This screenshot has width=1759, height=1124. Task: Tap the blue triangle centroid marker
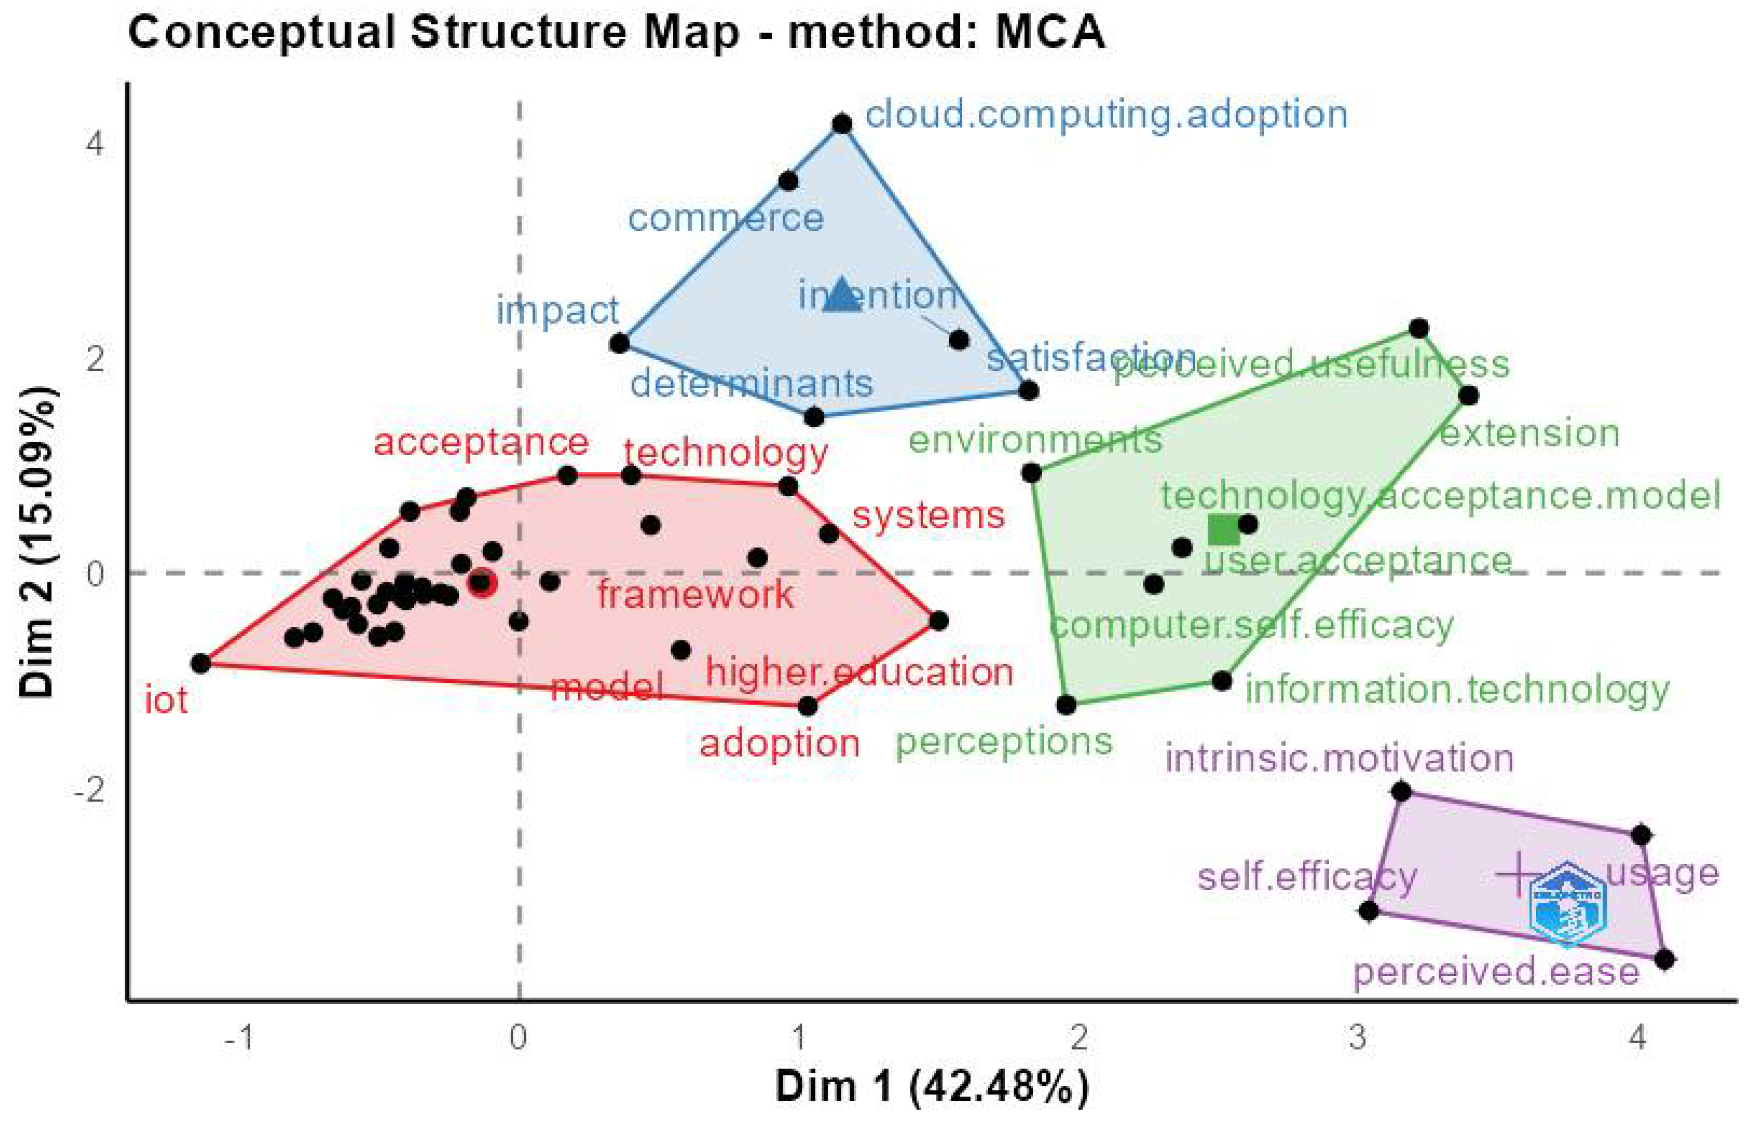[x=842, y=296]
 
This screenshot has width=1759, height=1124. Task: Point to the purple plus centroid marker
[x=1518, y=873]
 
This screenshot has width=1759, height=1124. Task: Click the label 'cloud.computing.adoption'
[x=1106, y=115]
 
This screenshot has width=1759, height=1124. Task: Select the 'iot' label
[x=167, y=700]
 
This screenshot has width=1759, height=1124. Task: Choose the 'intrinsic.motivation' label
[x=1339, y=758]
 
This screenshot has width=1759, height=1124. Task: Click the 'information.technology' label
[x=1457, y=689]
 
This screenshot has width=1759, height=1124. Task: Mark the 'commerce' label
[x=725, y=218]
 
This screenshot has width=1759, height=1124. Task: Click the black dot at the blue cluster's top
[x=842, y=123]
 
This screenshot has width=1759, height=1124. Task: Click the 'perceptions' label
[x=1004, y=742]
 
